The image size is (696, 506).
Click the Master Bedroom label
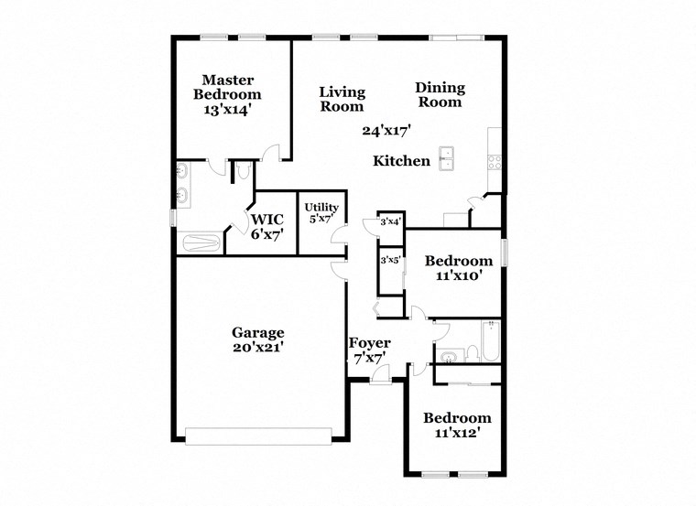(x=232, y=87)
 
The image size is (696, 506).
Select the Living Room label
(x=342, y=99)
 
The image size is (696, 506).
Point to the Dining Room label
(x=440, y=95)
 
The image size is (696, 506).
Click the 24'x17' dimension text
(x=386, y=131)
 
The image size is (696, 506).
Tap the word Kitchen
(x=401, y=161)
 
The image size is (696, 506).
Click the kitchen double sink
(x=448, y=158)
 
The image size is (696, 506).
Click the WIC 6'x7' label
(x=268, y=226)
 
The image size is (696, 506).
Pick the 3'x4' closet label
(x=391, y=221)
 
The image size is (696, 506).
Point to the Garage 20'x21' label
(x=257, y=339)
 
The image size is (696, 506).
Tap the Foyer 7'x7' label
(x=369, y=350)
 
